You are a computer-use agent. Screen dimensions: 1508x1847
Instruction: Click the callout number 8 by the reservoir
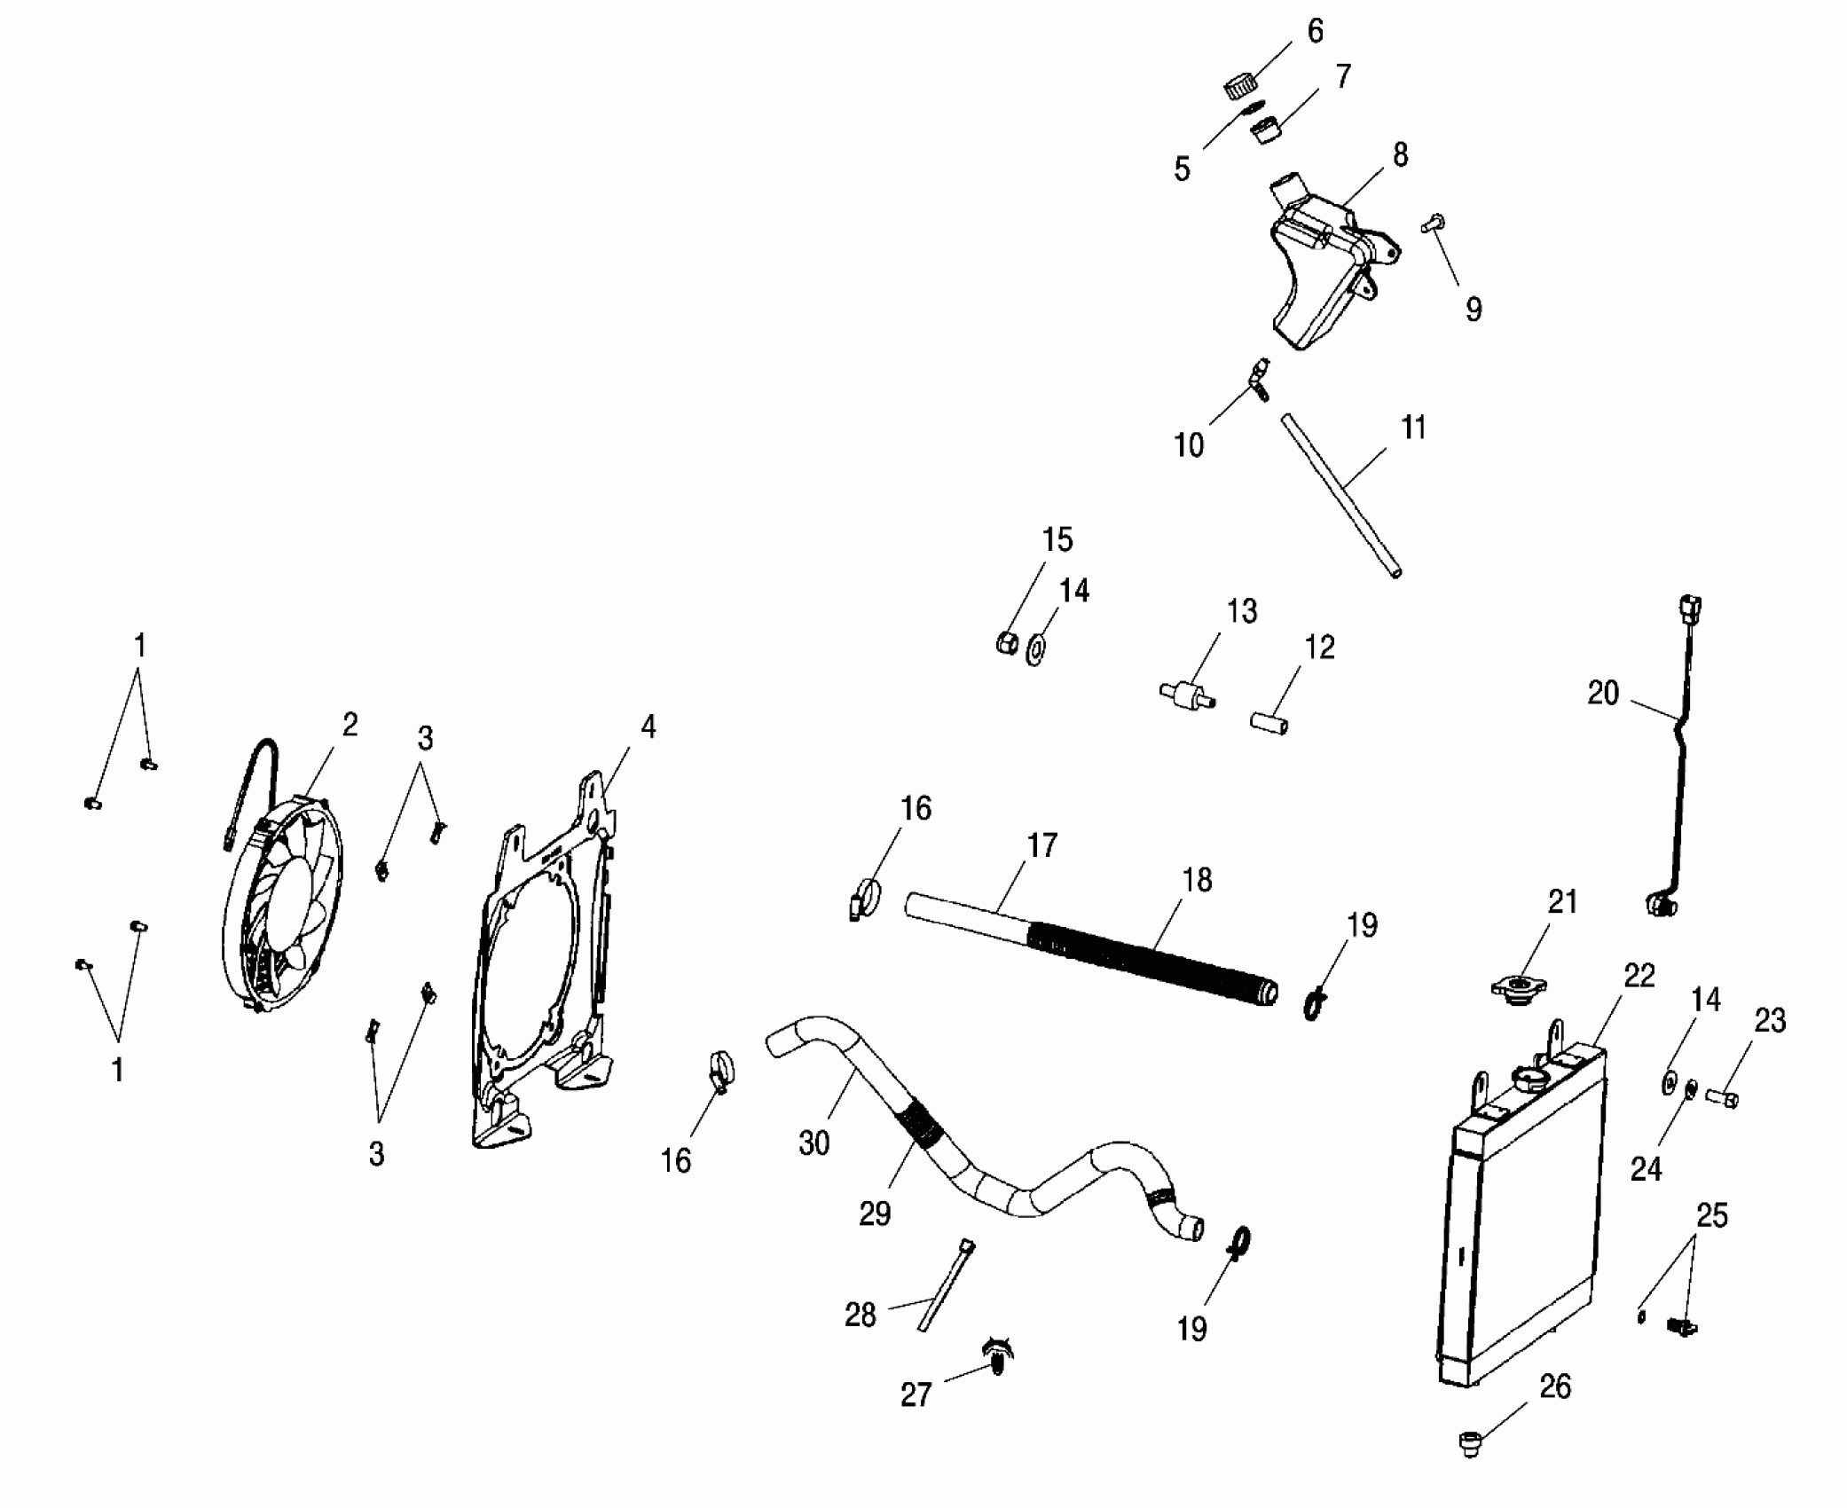[x=1400, y=155]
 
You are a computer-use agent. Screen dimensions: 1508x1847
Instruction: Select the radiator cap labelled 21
[x=1519, y=986]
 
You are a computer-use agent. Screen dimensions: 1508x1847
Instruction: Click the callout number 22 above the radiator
[x=1639, y=976]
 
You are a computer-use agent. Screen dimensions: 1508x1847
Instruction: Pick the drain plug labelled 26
[x=1470, y=1443]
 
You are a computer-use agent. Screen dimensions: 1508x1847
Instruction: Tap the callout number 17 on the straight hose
[x=1042, y=845]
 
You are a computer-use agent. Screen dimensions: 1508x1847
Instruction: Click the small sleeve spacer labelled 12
[x=1269, y=721]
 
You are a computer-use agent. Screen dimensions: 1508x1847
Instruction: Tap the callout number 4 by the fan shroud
[x=648, y=727]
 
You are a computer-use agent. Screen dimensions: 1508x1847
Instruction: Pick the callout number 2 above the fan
[x=350, y=725]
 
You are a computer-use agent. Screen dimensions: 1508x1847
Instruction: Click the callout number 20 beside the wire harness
[x=1603, y=694]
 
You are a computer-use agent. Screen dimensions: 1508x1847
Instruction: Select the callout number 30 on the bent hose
[x=813, y=1143]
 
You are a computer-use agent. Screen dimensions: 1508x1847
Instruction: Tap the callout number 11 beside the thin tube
[x=1412, y=428]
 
